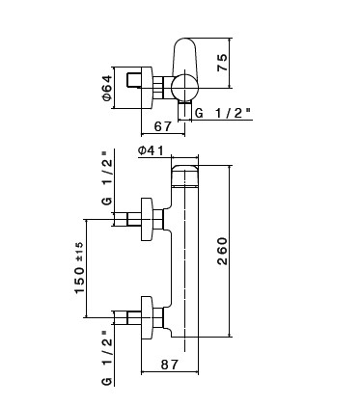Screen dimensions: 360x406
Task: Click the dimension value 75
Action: tap(223, 63)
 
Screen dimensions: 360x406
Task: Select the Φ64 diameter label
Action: tap(107, 88)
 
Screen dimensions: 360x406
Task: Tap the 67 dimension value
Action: tap(163, 126)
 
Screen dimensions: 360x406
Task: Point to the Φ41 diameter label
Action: tap(151, 150)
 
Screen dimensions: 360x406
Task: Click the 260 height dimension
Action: tap(222, 252)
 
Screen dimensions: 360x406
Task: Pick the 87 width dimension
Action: tap(170, 365)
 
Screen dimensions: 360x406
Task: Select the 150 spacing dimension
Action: tap(80, 281)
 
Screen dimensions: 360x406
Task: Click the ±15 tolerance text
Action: tap(79, 252)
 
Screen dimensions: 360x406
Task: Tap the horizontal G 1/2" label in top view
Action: tap(223, 113)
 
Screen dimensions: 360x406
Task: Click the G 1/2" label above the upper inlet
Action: tap(107, 178)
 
